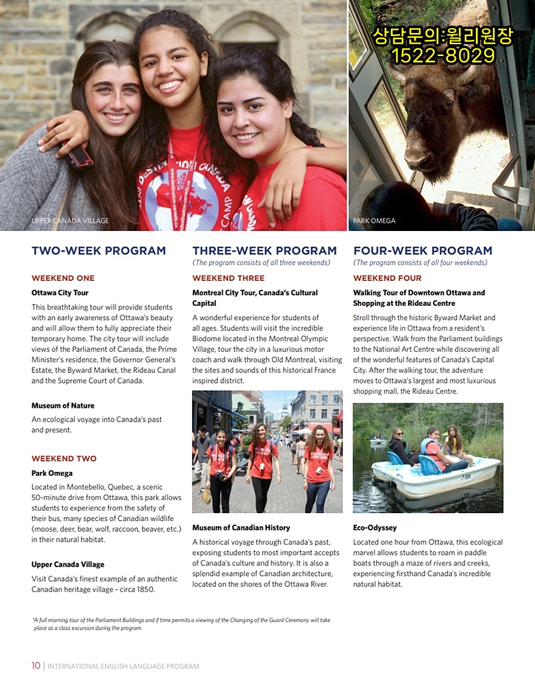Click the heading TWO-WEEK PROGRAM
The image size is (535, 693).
pos(99,251)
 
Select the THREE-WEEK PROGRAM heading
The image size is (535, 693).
pos(264,251)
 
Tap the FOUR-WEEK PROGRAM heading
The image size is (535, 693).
pos(422,251)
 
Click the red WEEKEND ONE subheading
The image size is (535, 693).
pos(63,278)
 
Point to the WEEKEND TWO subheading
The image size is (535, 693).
pos(64,459)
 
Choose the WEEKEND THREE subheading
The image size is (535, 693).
pos(228,278)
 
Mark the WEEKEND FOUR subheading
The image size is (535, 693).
pos(387,278)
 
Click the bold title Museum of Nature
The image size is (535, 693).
pos(63,406)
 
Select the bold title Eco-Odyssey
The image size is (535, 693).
pos(374,528)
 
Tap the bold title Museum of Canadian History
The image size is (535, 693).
pos(241,528)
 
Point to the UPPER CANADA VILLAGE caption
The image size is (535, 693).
pos(70,221)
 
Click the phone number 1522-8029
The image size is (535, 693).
pos(443,57)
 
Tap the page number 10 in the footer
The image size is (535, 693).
pos(36,666)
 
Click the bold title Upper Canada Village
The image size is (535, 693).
pos(68,565)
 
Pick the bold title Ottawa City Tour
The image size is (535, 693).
pos(60,293)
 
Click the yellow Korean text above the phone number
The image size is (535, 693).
pos(443,36)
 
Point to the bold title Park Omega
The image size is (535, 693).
pos(52,473)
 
